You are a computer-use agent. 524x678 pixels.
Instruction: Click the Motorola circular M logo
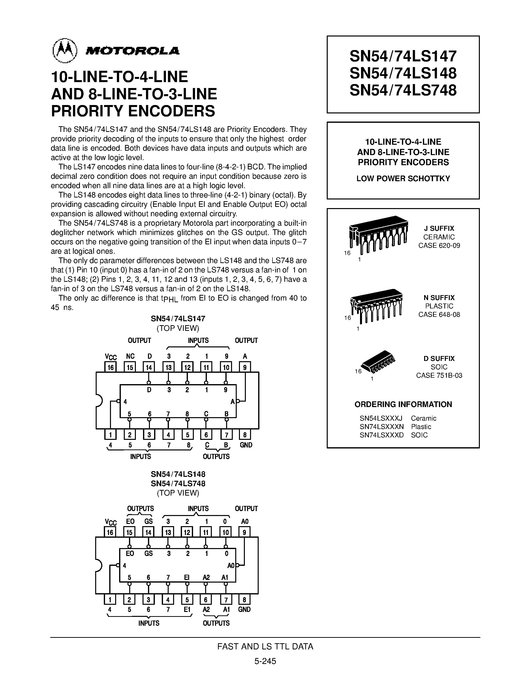(x=65, y=51)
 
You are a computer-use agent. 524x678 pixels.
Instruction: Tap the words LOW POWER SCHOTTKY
(x=403, y=178)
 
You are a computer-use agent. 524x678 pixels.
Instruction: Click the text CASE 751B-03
(x=439, y=375)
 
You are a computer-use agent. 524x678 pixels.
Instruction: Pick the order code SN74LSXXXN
(x=381, y=427)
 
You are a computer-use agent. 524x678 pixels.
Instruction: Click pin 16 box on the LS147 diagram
(x=110, y=368)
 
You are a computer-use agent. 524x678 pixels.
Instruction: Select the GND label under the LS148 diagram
(x=244, y=609)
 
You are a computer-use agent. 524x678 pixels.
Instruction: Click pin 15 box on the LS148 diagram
(x=129, y=532)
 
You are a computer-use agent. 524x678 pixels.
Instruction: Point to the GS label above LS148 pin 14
(x=148, y=521)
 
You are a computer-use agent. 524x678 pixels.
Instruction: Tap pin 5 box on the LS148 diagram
(x=187, y=600)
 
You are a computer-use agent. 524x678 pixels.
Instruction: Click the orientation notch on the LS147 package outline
(x=98, y=400)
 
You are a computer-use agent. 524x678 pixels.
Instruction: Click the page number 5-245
(x=265, y=661)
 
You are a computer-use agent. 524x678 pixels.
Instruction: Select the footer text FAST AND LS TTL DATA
(x=265, y=646)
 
